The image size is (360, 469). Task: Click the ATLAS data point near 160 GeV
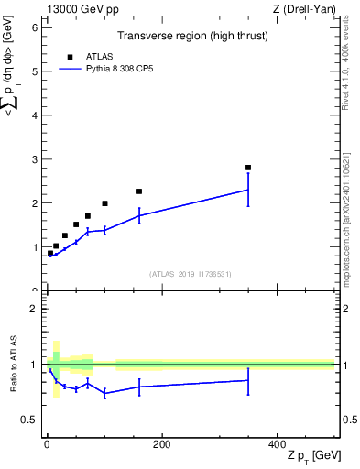[x=139, y=191]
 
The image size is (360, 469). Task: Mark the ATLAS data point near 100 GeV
[x=104, y=203]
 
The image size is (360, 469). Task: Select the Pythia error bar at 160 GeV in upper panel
[x=139, y=215]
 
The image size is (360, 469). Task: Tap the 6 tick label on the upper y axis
[x=33, y=27]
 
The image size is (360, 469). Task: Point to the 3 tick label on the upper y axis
[x=33, y=159]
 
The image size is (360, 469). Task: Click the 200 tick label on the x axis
[x=161, y=444]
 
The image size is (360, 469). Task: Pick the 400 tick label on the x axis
[x=277, y=444]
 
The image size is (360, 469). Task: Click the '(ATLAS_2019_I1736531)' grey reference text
[x=191, y=274]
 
